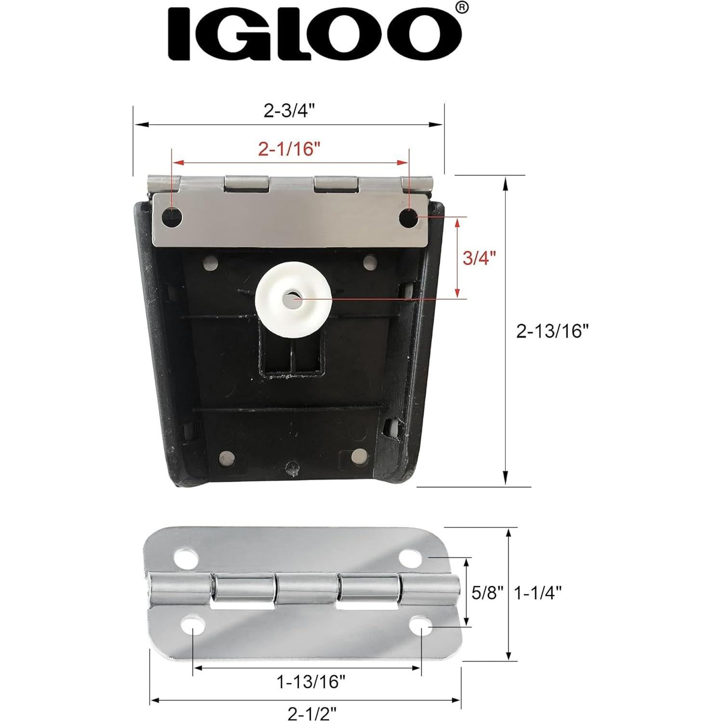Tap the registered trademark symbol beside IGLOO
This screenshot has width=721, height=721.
(x=461, y=8)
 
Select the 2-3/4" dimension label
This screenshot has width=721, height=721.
(x=289, y=111)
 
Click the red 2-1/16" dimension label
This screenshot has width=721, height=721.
(x=289, y=150)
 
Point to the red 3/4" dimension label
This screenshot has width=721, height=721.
(x=479, y=258)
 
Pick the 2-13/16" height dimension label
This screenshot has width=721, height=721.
(x=552, y=331)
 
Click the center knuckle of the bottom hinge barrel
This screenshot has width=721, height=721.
(x=307, y=591)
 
